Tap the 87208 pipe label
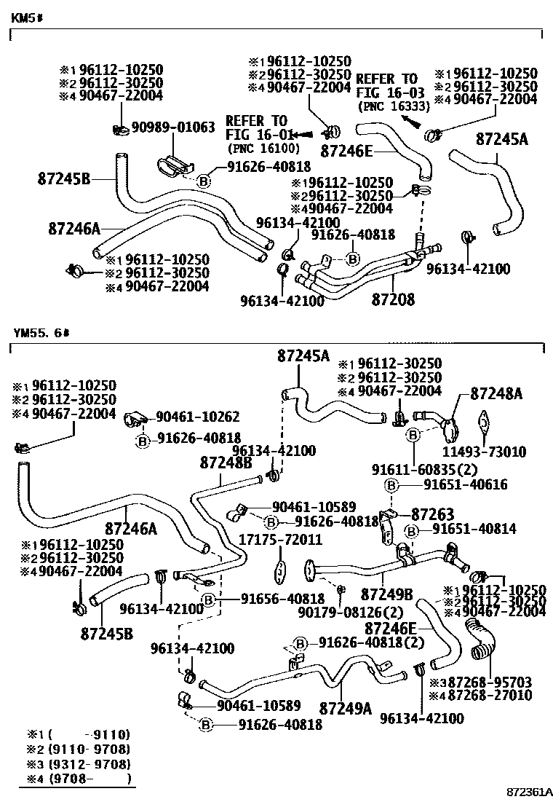click(x=393, y=299)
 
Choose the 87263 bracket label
click(x=433, y=513)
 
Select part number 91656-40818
click(x=282, y=599)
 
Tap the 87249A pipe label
click(x=345, y=707)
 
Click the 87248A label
click(x=497, y=394)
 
